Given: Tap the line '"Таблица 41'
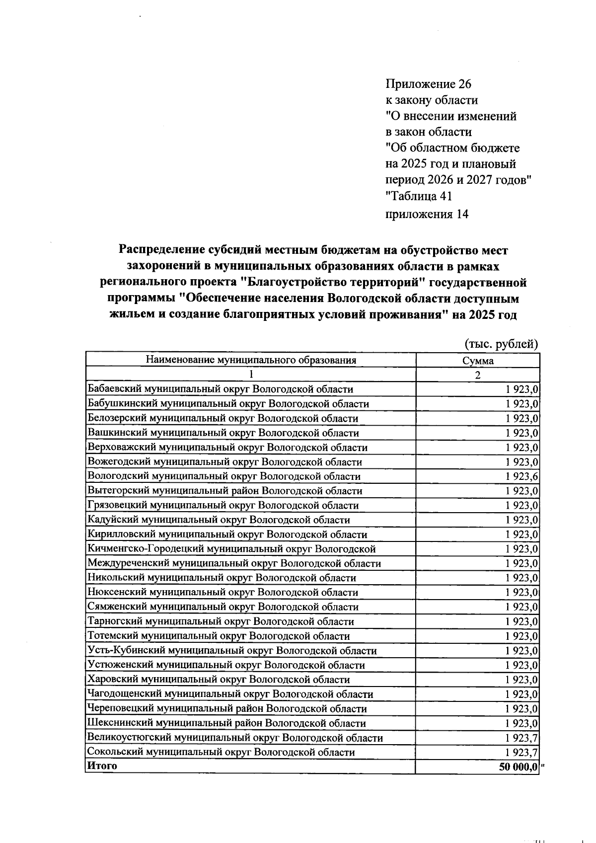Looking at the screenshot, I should [419, 196].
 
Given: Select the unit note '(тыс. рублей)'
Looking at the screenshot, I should [501, 344].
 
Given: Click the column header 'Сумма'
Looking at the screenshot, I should [477, 361].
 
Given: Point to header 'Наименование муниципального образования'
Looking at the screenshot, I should [250, 361].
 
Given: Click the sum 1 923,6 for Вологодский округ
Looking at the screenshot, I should [522, 476].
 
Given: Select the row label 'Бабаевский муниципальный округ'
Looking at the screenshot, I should [220, 389].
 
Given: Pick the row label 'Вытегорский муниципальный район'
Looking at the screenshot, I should [224, 491].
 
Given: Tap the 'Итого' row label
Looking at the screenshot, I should [102, 766].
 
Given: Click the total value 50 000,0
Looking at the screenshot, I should [519, 766].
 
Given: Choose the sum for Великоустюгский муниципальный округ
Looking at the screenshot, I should [522, 738].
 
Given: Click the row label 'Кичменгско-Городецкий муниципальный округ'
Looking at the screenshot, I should [231, 549].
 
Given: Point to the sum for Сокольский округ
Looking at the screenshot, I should [522, 752].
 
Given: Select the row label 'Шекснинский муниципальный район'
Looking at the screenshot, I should [226, 723].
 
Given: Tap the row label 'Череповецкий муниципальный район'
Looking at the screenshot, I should [226, 709].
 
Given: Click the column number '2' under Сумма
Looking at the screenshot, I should [477, 375].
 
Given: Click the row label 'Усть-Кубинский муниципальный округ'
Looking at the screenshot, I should [231, 651].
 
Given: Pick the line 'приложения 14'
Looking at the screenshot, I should [427, 214].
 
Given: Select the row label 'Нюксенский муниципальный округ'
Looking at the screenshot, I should [223, 593].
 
